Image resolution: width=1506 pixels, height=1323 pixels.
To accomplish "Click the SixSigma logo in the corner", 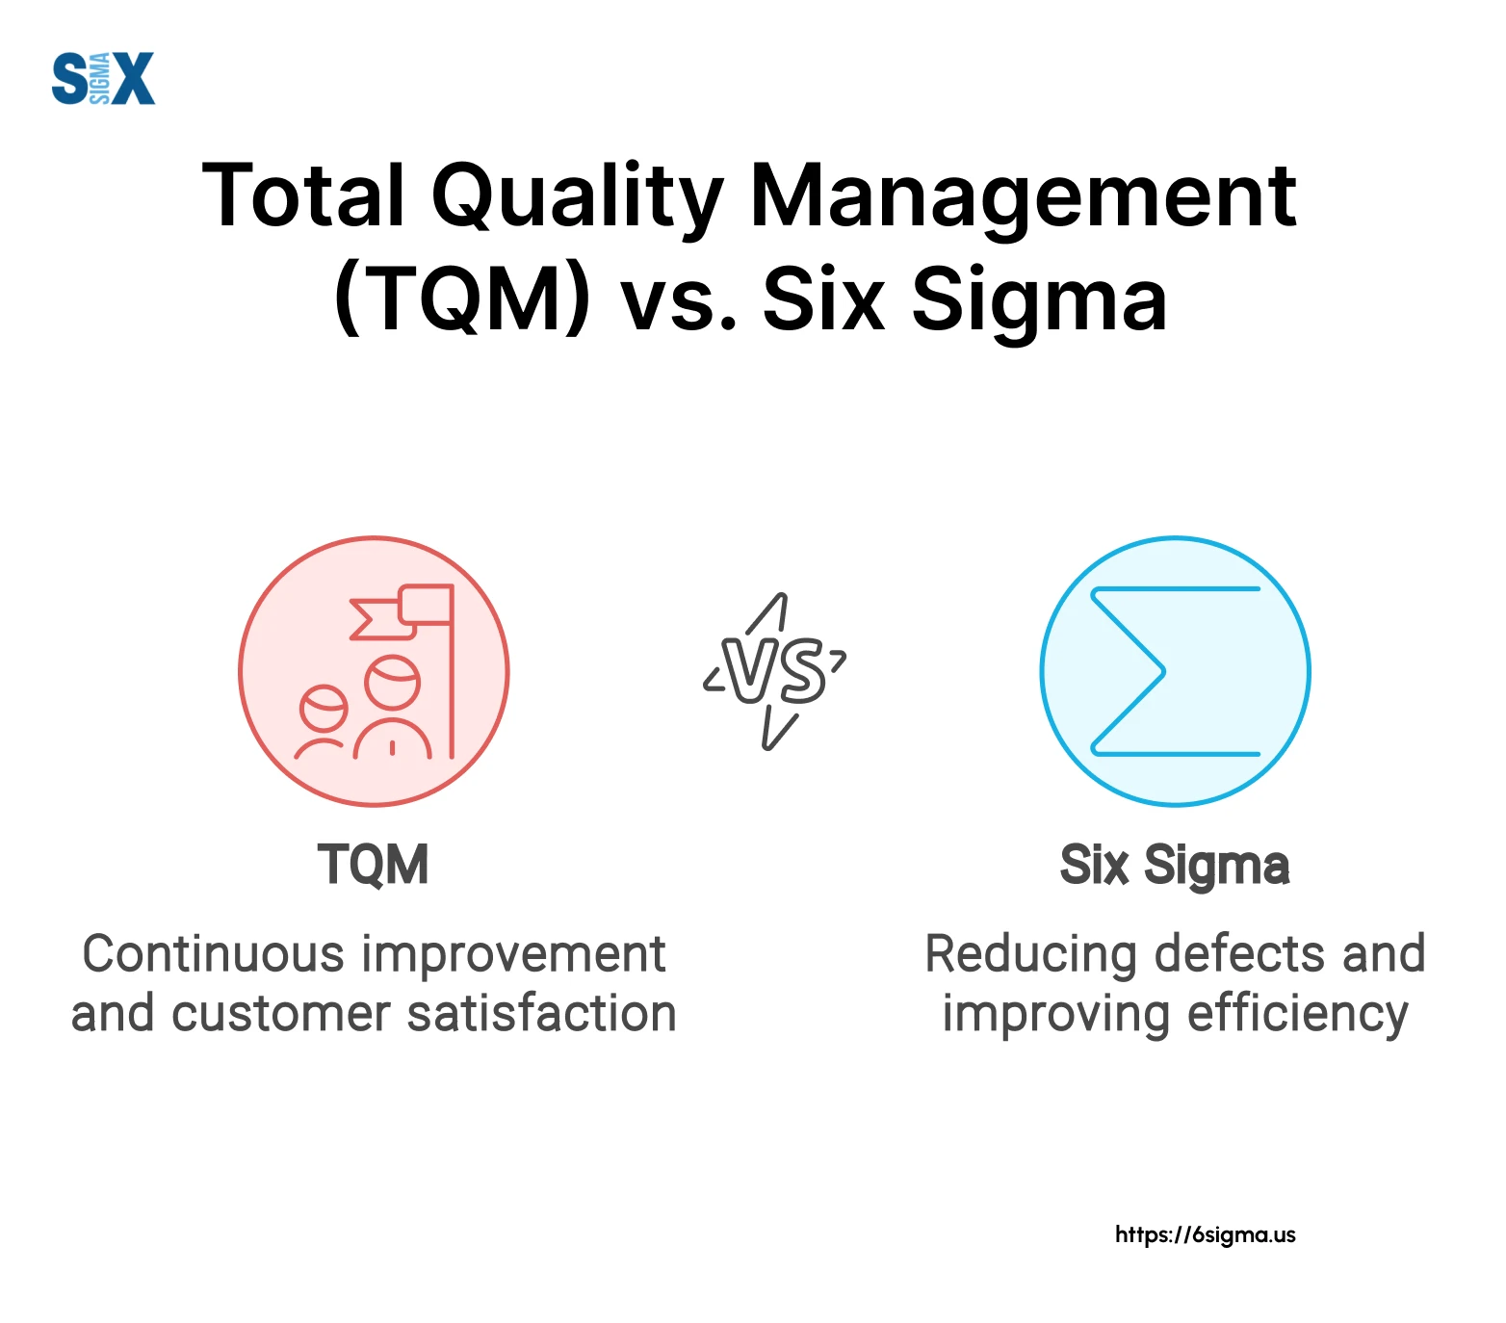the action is [x=103, y=78].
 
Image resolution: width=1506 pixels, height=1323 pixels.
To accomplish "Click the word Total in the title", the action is [x=304, y=195].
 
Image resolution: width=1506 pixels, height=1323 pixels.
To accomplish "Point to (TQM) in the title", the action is [x=462, y=300].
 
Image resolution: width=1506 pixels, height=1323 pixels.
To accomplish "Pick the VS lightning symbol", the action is [x=775, y=671].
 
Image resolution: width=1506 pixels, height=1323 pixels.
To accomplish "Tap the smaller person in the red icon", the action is [x=322, y=721].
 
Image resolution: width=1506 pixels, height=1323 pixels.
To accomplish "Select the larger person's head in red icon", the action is [x=393, y=683].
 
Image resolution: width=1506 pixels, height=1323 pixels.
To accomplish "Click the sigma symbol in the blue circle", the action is [x=1175, y=671].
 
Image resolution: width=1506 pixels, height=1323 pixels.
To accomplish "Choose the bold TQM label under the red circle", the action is [x=374, y=865].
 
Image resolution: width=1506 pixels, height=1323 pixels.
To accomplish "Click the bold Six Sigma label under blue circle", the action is [x=1175, y=867].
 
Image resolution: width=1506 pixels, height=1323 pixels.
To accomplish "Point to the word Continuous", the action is [x=214, y=954].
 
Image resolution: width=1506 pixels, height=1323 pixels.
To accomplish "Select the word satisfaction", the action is [x=542, y=1014].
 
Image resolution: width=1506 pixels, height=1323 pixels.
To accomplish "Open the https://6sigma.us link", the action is [x=1206, y=1235].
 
